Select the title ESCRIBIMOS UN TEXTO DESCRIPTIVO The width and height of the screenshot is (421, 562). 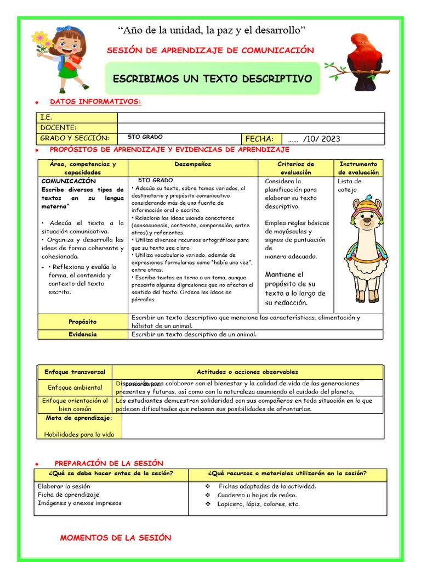pyautogui.click(x=212, y=79)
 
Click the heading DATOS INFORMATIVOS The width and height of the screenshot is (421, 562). pyautogui.click(x=95, y=102)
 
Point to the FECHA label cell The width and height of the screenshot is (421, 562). pyautogui.click(x=261, y=139)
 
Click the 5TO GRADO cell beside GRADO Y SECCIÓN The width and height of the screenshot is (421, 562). pyautogui.click(x=145, y=137)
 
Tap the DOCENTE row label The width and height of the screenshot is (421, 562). pyautogui.click(x=58, y=128)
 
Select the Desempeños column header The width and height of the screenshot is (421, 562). pyautogui.click(x=192, y=164)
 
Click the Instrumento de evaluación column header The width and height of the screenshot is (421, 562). pyautogui.click(x=359, y=168)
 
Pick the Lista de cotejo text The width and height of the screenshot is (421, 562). pyautogui.click(x=349, y=186)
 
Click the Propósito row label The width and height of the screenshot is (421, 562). pyautogui.click(x=83, y=322)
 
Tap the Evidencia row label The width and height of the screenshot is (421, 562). pyautogui.click(x=83, y=334)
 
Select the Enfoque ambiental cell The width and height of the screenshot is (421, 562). pyautogui.click(x=75, y=387)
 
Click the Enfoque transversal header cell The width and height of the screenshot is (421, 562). pyautogui.click(x=75, y=372)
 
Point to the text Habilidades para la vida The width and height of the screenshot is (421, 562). pyautogui.click(x=79, y=434)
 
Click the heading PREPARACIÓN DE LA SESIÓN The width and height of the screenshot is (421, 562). pyautogui.click(x=109, y=464)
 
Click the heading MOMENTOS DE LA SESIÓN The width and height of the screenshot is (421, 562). pyautogui.click(x=116, y=538)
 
